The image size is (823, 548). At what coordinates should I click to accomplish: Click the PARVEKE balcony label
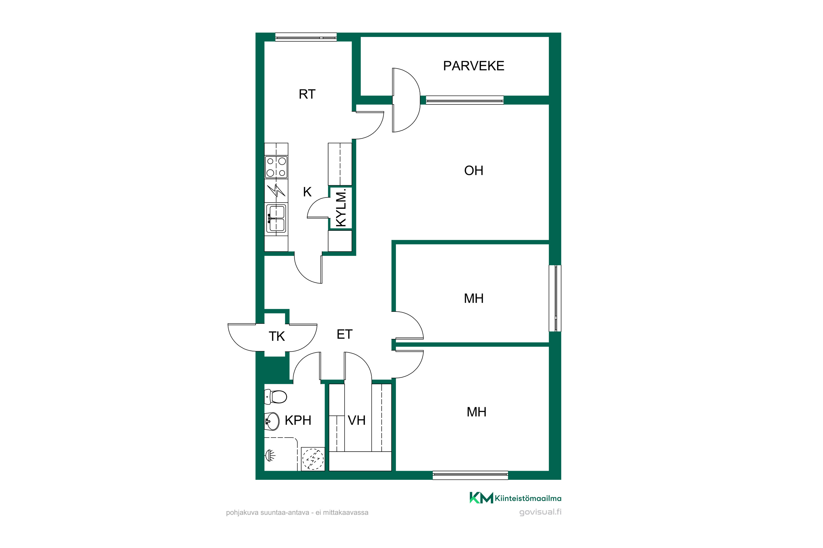[x=473, y=66]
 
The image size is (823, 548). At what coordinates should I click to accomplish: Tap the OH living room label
[x=473, y=170]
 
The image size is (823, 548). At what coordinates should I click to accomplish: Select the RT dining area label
[x=307, y=94]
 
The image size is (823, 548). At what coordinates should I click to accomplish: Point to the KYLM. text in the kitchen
[x=340, y=208]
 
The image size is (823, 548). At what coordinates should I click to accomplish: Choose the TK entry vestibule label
[x=277, y=336]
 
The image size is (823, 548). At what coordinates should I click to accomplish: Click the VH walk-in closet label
[x=357, y=420]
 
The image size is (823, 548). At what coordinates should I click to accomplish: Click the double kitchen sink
[x=276, y=218]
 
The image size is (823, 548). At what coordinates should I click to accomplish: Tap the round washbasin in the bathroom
[x=272, y=421]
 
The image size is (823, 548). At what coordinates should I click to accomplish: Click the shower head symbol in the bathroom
[x=270, y=455]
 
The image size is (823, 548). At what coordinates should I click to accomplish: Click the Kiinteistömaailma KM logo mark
[x=481, y=498]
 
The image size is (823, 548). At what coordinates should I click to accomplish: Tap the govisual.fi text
[x=540, y=512]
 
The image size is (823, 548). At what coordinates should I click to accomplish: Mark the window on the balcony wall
[x=464, y=100]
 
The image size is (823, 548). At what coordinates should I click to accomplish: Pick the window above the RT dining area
[x=306, y=37]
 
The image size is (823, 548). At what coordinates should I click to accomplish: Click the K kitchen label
[x=307, y=192]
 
